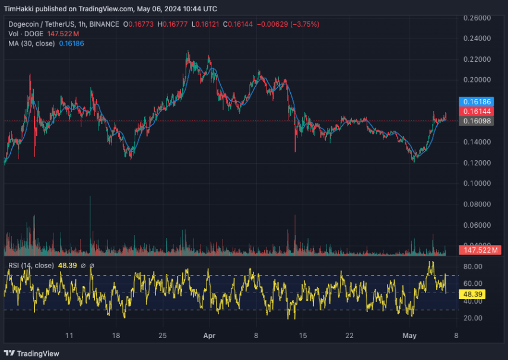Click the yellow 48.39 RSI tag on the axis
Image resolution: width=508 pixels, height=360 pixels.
coord(473,294)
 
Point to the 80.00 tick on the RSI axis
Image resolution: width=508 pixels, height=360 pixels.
coord(473,267)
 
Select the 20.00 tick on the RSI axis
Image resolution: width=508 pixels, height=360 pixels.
coord(473,318)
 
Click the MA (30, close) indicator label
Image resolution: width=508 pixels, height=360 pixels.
coord(31,43)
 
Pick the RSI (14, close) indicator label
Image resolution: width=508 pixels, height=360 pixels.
coord(31,265)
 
